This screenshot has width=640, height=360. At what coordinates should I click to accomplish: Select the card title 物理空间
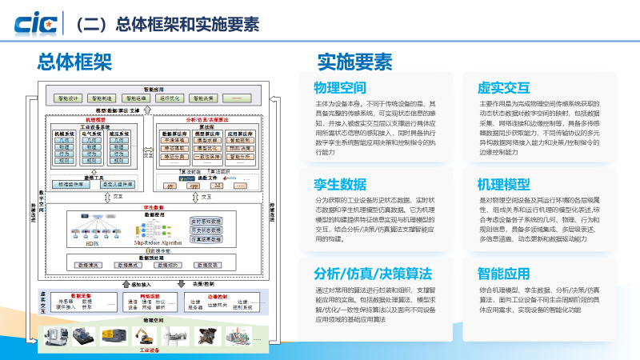340,87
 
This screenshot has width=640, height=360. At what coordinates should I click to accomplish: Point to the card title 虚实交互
504,87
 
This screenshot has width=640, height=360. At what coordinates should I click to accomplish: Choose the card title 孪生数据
340,182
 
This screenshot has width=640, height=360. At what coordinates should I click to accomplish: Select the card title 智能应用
504,271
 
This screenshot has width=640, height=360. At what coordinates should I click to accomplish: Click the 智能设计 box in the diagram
69,98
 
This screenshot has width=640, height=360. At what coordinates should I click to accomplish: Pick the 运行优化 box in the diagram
170,98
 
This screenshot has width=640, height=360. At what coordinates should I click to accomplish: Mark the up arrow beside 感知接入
122,283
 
